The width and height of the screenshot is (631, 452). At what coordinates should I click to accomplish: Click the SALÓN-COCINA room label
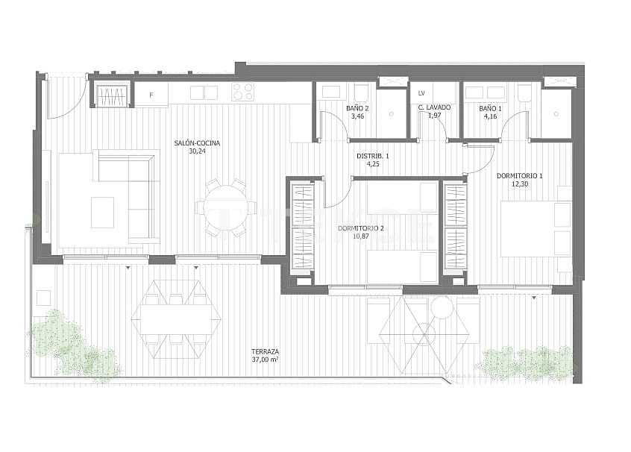pyautogui.click(x=197, y=142)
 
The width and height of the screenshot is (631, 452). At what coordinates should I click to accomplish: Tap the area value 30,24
pyautogui.click(x=197, y=151)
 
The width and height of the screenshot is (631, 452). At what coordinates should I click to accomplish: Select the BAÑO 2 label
pyautogui.click(x=356, y=109)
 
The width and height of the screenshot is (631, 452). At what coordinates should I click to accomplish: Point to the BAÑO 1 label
pyautogui.click(x=490, y=109)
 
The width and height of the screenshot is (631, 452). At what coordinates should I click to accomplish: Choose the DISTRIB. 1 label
pyautogui.click(x=373, y=156)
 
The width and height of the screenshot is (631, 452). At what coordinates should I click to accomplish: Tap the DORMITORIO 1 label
pyautogui.click(x=519, y=176)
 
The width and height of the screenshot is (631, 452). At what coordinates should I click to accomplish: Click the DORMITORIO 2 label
pyautogui.click(x=360, y=227)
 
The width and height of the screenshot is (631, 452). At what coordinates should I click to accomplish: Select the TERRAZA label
pyautogui.click(x=265, y=351)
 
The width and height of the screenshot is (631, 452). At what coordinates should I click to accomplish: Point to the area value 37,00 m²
pyautogui.click(x=265, y=360)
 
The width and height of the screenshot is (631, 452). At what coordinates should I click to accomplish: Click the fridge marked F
pyautogui.click(x=151, y=95)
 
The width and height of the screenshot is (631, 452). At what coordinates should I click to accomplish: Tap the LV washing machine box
pyautogui.click(x=422, y=93)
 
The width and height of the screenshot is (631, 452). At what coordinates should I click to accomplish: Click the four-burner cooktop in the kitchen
pyautogui.click(x=242, y=92)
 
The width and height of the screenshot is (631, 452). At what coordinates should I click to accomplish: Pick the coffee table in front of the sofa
pyautogui.click(x=103, y=212)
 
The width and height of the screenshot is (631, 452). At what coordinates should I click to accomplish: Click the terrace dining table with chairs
pyautogui.click(x=176, y=318)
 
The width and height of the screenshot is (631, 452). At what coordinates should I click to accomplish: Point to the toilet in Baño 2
pyautogui.click(x=361, y=92)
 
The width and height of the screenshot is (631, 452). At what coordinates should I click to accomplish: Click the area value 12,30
pyautogui.click(x=519, y=184)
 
